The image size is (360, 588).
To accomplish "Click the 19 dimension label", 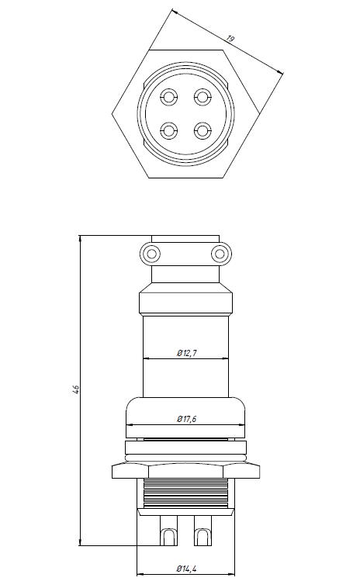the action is click(x=230, y=39).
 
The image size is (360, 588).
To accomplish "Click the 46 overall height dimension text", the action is click(x=75, y=389).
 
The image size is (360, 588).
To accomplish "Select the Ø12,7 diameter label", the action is click(x=187, y=353).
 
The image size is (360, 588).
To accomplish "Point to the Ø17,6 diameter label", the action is click(x=186, y=419).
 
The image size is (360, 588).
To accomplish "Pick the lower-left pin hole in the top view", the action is click(x=169, y=131).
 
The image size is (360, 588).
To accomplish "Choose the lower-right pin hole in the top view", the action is click(x=202, y=131).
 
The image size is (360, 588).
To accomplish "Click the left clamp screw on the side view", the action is click(x=151, y=254).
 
